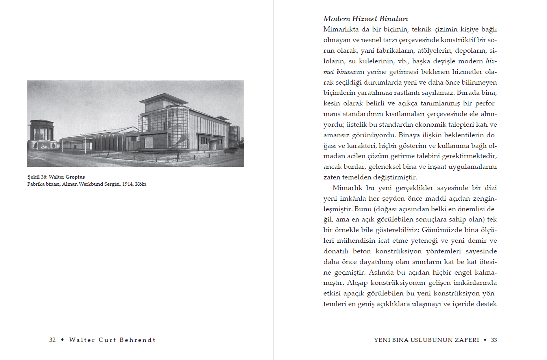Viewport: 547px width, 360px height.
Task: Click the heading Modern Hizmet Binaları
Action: click(x=366, y=18)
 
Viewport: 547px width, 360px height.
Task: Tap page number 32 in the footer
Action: click(x=52, y=340)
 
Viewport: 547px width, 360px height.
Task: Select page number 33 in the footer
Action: click(x=494, y=340)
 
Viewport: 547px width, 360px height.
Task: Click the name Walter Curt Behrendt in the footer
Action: click(x=112, y=340)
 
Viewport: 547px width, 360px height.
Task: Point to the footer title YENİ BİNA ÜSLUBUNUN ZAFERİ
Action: click(x=426, y=340)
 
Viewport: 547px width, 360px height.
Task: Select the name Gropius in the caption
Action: click(x=75, y=177)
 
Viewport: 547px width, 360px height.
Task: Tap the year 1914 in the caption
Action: click(x=127, y=184)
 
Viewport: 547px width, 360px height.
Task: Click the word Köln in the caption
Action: click(x=140, y=184)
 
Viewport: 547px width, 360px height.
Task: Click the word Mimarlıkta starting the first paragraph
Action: click(x=341, y=30)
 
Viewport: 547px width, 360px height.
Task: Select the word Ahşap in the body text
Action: click(x=357, y=283)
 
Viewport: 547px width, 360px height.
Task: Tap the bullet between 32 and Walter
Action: click(x=63, y=340)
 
